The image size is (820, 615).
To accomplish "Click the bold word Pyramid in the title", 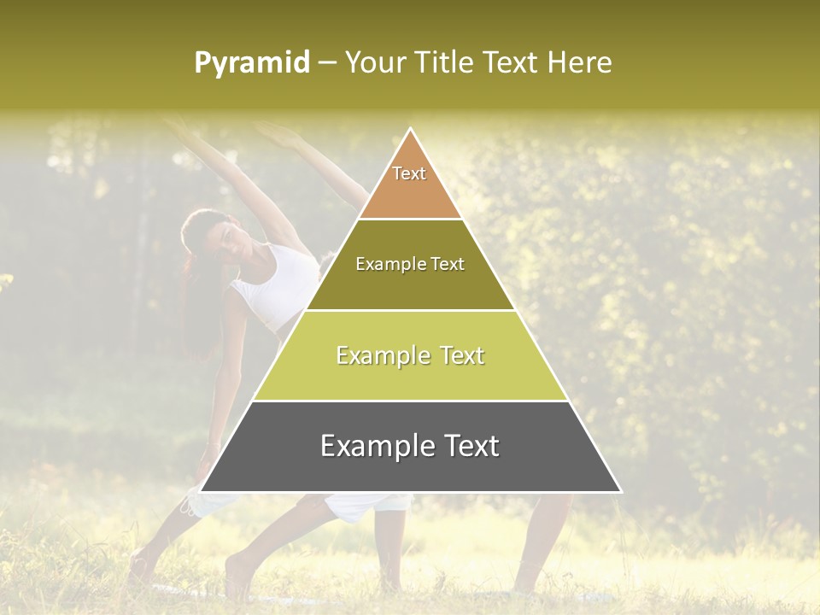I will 251,63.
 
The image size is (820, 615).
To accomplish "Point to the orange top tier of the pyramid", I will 410,192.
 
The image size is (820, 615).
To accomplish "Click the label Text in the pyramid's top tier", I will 409,173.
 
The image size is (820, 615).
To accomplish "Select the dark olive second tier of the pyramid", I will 410,286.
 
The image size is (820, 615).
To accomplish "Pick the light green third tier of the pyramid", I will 410,376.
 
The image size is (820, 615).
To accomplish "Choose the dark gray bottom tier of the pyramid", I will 410,466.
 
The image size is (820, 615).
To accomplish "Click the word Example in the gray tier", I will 372,446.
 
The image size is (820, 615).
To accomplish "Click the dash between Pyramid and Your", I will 326,63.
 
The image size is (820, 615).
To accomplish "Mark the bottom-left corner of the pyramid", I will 202,491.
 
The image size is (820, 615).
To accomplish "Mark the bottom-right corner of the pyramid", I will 620,491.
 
